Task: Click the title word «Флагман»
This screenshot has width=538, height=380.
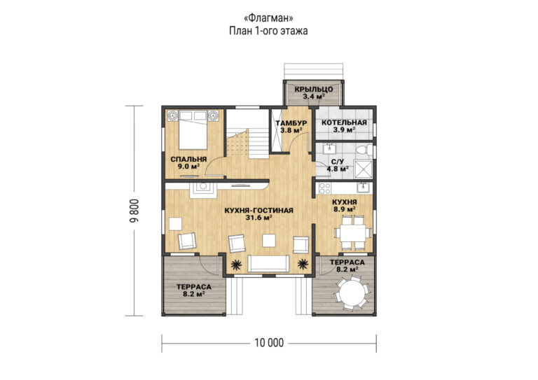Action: pyautogui.click(x=268, y=17)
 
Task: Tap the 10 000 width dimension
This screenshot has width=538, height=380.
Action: pyautogui.click(x=269, y=343)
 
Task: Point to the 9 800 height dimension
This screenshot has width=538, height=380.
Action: pyautogui.click(x=134, y=211)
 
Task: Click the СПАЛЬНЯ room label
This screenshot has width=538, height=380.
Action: pyautogui.click(x=188, y=160)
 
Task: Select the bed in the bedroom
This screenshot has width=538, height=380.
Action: pyautogui.click(x=193, y=130)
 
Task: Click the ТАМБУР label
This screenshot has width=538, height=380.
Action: pyautogui.click(x=291, y=123)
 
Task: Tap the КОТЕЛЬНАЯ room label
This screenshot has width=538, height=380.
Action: pyautogui.click(x=344, y=122)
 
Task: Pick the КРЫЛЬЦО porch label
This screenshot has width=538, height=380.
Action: pyautogui.click(x=314, y=90)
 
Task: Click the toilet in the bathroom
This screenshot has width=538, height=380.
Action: pyautogui.click(x=364, y=150)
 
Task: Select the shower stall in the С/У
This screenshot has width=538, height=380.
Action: pyautogui.click(x=363, y=169)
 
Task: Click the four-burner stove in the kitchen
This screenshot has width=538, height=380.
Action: pyautogui.click(x=324, y=188)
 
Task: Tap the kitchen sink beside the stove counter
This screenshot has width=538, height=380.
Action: pyautogui.click(x=363, y=188)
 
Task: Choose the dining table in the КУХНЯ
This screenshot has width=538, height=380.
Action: pyautogui.click(x=353, y=233)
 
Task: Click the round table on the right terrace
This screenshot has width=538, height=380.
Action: pyautogui.click(x=351, y=293)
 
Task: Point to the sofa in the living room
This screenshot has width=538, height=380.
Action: pyautogui.click(x=268, y=263)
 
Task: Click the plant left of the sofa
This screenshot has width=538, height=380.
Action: pyautogui.click(x=235, y=265)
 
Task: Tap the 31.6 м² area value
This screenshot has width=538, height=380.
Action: pyautogui.click(x=259, y=217)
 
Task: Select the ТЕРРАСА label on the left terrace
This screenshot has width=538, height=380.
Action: pyautogui.click(x=194, y=287)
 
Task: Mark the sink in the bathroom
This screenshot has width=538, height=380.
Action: pyautogui.click(x=330, y=148)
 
